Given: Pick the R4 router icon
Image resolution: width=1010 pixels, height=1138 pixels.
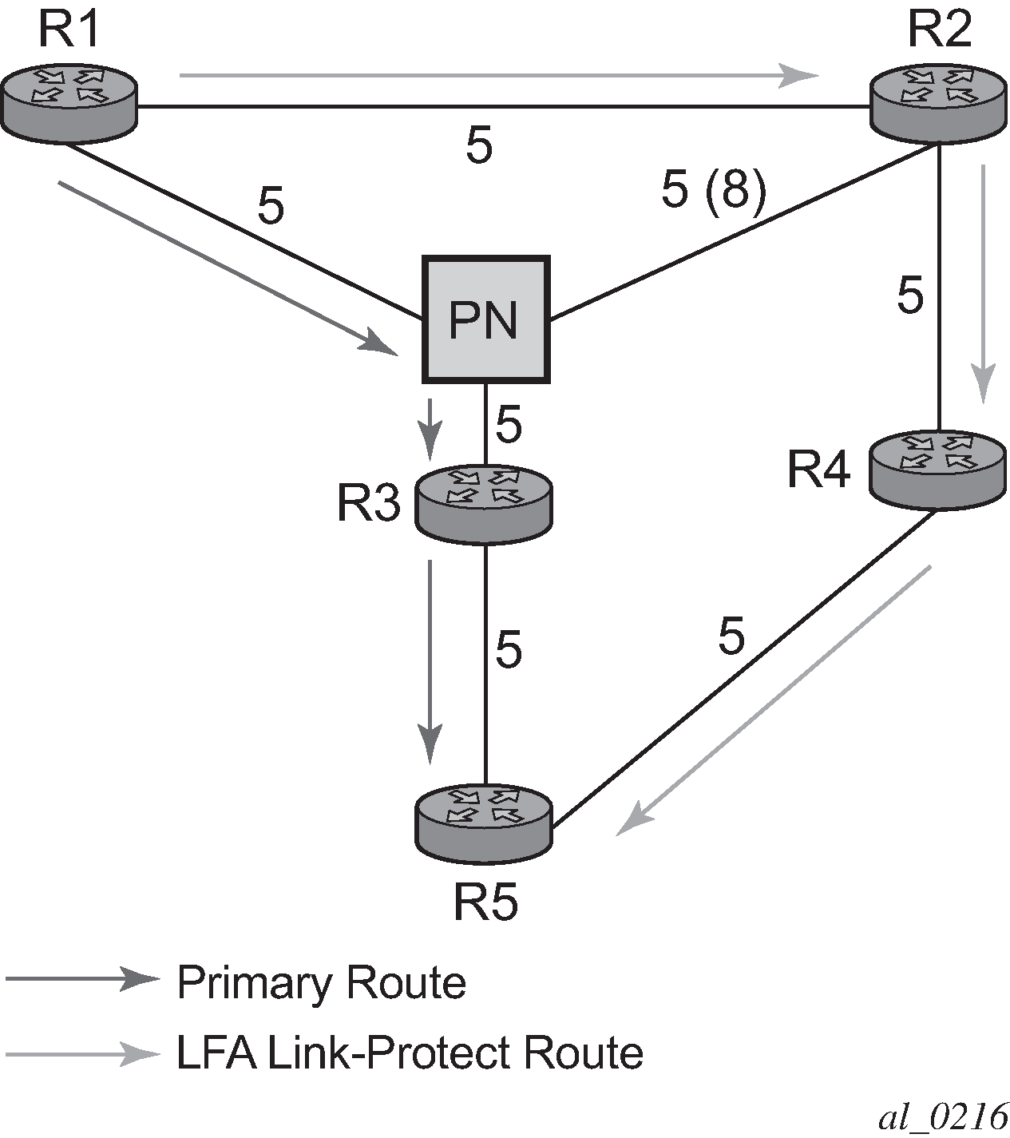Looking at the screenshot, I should (936, 468).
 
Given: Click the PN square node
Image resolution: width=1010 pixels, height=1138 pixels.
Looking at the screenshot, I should (485, 319).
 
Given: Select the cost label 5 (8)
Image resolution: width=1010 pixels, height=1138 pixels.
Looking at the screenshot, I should (714, 192).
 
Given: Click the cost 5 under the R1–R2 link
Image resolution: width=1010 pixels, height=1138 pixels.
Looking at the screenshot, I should (479, 146).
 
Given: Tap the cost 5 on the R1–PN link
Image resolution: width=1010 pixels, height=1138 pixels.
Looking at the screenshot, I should (271, 207).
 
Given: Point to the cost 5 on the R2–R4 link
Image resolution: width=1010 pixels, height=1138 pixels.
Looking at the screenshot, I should (910, 295).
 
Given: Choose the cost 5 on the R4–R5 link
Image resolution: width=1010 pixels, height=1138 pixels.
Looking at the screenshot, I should (731, 636).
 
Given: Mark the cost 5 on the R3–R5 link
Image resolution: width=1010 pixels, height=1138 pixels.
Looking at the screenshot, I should (509, 648).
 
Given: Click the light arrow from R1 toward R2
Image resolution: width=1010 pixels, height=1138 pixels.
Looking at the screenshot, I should (499, 76).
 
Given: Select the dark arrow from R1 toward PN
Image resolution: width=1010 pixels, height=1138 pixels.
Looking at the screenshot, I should (228, 267).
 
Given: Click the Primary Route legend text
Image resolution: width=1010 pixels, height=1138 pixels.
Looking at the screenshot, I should (321, 982).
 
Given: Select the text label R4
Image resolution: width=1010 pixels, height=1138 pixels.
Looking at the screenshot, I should (818, 470).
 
